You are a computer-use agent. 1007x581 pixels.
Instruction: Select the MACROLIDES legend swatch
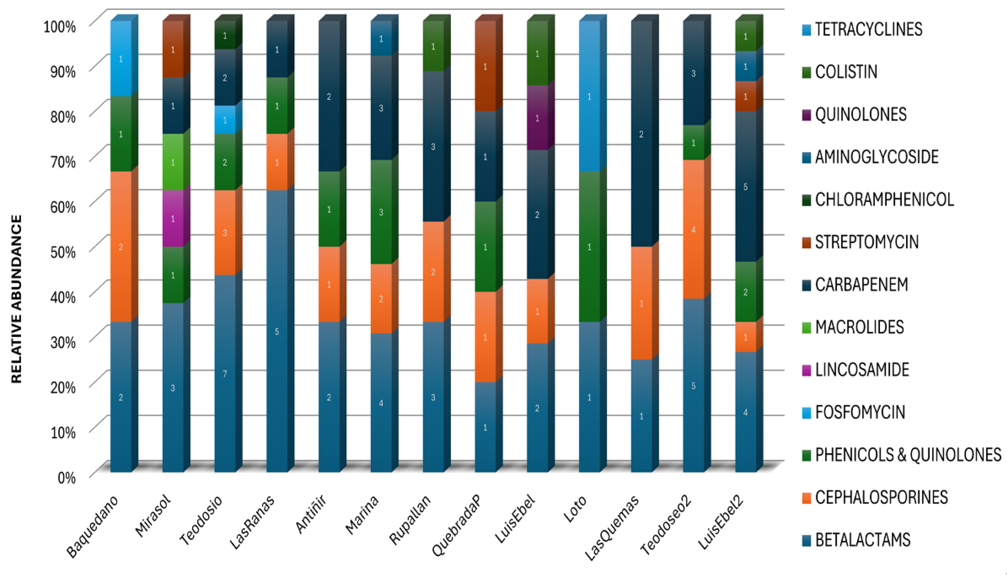coord(806,328)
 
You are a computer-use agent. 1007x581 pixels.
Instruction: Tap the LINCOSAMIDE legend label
coord(862,370)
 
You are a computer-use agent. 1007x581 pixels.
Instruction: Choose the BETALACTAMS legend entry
coord(862,540)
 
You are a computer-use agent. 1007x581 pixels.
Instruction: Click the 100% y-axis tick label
coord(59,27)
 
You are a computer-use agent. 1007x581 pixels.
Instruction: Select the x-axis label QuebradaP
coord(457,525)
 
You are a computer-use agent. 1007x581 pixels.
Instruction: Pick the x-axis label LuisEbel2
coord(721,522)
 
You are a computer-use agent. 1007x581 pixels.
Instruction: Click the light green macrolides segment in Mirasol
coord(173,162)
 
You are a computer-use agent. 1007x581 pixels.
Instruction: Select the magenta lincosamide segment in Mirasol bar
coord(173,219)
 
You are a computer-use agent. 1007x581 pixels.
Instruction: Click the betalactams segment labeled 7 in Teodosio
coord(225,373)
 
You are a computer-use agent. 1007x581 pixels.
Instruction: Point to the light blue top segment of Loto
coord(589,97)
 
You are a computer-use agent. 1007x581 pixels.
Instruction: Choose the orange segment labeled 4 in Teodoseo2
coord(693,230)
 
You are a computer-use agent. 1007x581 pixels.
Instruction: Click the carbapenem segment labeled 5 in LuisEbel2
coord(745,187)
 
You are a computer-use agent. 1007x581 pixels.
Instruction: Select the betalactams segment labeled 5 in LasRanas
coord(277,331)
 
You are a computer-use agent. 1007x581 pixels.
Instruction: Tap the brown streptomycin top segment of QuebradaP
coord(485,66)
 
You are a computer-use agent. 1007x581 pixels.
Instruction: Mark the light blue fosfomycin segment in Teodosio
coord(225,120)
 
